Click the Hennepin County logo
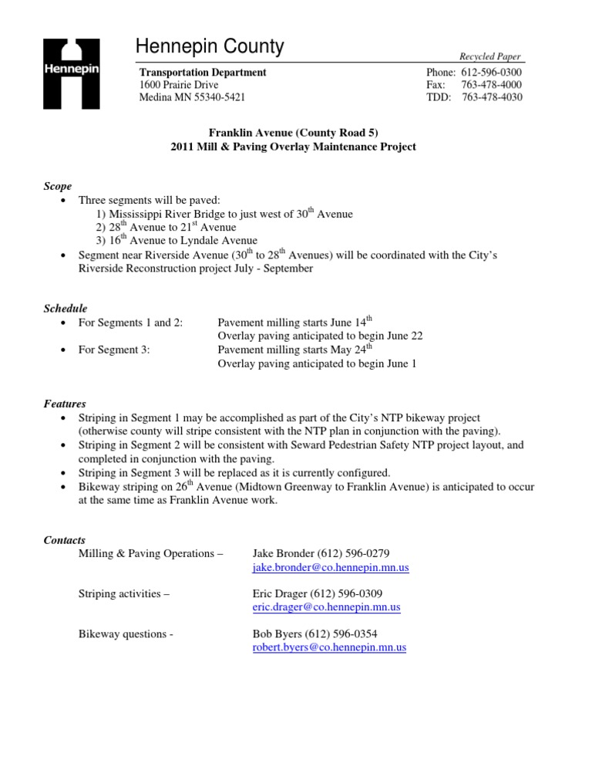pyautogui.click(x=70, y=69)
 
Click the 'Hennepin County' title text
pyautogui.click(x=210, y=48)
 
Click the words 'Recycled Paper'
pyautogui.click(x=490, y=57)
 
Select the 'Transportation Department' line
pyautogui.click(x=203, y=73)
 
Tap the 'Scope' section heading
pyautogui.click(x=58, y=186)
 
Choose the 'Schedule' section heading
pyautogui.click(x=65, y=309)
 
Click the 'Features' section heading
pyautogui.click(x=64, y=404)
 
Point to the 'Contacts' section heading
pyautogui.click(x=65, y=540)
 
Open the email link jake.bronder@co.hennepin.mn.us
pyautogui.click(x=331, y=567)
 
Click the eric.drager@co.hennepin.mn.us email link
pyautogui.click(x=326, y=607)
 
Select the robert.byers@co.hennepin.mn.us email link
pyautogui.click(x=329, y=648)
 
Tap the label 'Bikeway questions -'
pyautogui.click(x=126, y=634)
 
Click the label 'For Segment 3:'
pyautogui.click(x=114, y=350)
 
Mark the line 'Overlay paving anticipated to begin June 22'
pyautogui.click(x=320, y=336)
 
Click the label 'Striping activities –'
pyautogui.click(x=124, y=593)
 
